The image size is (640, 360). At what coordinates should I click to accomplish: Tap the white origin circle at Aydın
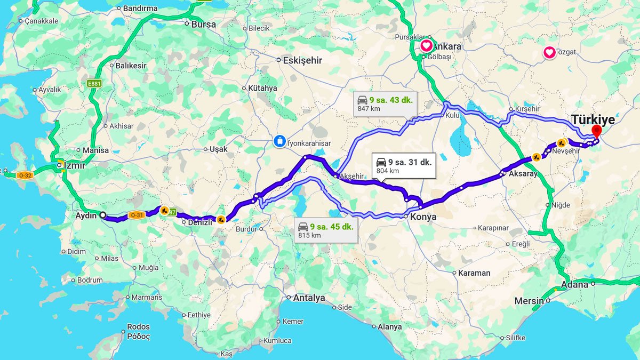click(102, 215)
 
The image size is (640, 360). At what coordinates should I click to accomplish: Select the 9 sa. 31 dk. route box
click(404, 165)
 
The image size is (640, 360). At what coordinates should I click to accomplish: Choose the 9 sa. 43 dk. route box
click(385, 103)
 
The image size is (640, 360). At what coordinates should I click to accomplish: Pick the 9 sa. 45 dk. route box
click(325, 230)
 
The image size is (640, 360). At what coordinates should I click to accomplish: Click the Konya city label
click(423, 217)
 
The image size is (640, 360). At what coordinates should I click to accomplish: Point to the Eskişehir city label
click(302, 60)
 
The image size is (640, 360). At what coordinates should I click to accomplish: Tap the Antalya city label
click(309, 298)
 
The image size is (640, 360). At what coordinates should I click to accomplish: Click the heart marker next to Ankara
click(427, 46)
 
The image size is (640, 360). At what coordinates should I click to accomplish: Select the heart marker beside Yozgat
click(549, 52)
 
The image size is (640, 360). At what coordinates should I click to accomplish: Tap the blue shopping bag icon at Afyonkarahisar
click(279, 141)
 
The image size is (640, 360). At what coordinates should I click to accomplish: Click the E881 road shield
click(94, 83)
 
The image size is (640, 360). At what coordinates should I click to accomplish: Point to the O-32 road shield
click(25, 175)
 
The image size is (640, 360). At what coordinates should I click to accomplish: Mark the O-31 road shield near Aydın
click(136, 215)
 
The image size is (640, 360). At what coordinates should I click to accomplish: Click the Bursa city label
click(204, 24)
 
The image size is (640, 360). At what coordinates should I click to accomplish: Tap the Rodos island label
click(138, 326)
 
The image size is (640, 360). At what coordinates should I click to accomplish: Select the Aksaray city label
click(523, 174)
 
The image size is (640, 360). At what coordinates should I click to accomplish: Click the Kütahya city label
click(262, 88)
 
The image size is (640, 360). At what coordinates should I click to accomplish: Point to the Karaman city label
click(474, 273)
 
